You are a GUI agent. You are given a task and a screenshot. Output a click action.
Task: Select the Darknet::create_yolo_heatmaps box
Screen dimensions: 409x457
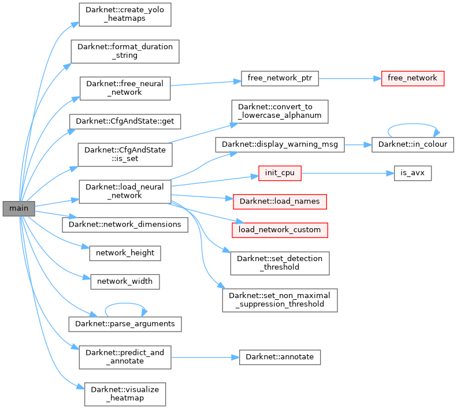[x=125, y=14]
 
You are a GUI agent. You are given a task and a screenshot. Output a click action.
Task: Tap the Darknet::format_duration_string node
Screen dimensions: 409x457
[x=125, y=51]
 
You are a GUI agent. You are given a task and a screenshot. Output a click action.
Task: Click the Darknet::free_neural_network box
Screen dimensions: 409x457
[x=125, y=88]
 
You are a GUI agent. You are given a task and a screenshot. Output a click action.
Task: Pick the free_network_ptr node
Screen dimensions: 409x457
[x=280, y=78]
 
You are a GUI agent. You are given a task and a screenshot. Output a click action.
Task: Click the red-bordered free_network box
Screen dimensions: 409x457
[x=413, y=78]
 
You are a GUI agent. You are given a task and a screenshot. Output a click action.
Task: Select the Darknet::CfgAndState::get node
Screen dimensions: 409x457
[x=125, y=121]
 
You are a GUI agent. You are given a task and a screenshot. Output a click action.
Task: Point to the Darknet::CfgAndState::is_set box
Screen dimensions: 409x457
[x=125, y=154]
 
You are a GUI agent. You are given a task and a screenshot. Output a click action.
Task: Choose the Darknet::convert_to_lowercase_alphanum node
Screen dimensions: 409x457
[x=280, y=111]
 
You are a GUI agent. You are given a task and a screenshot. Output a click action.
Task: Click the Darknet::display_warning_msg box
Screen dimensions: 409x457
[x=280, y=144]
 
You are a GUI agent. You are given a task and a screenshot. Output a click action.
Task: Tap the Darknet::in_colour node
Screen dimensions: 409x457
[x=412, y=144]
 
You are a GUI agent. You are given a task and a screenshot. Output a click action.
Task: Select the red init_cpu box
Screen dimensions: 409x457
[x=280, y=173]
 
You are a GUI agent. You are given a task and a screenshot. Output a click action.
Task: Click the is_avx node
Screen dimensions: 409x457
[x=413, y=173]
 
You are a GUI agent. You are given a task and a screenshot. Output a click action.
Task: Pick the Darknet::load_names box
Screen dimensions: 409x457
[x=280, y=202]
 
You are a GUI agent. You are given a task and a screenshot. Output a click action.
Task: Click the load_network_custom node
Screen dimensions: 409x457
[x=280, y=229]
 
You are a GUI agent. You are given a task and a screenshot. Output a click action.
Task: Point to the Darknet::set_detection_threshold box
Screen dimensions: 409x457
[x=280, y=263]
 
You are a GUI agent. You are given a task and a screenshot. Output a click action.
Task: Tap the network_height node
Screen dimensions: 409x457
[x=125, y=253]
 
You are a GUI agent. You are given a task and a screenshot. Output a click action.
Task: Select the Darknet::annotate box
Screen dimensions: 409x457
[x=280, y=356]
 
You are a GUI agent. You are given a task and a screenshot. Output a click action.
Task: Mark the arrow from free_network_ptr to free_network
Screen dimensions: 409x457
[x=350, y=78]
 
